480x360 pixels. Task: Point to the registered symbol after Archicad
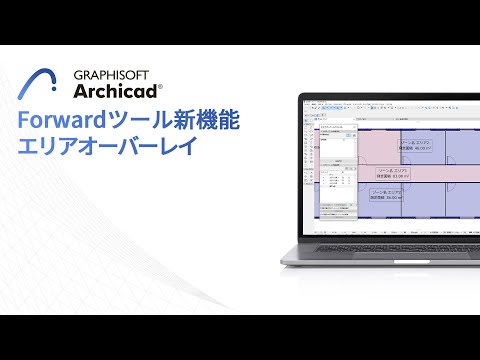point(160,87)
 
